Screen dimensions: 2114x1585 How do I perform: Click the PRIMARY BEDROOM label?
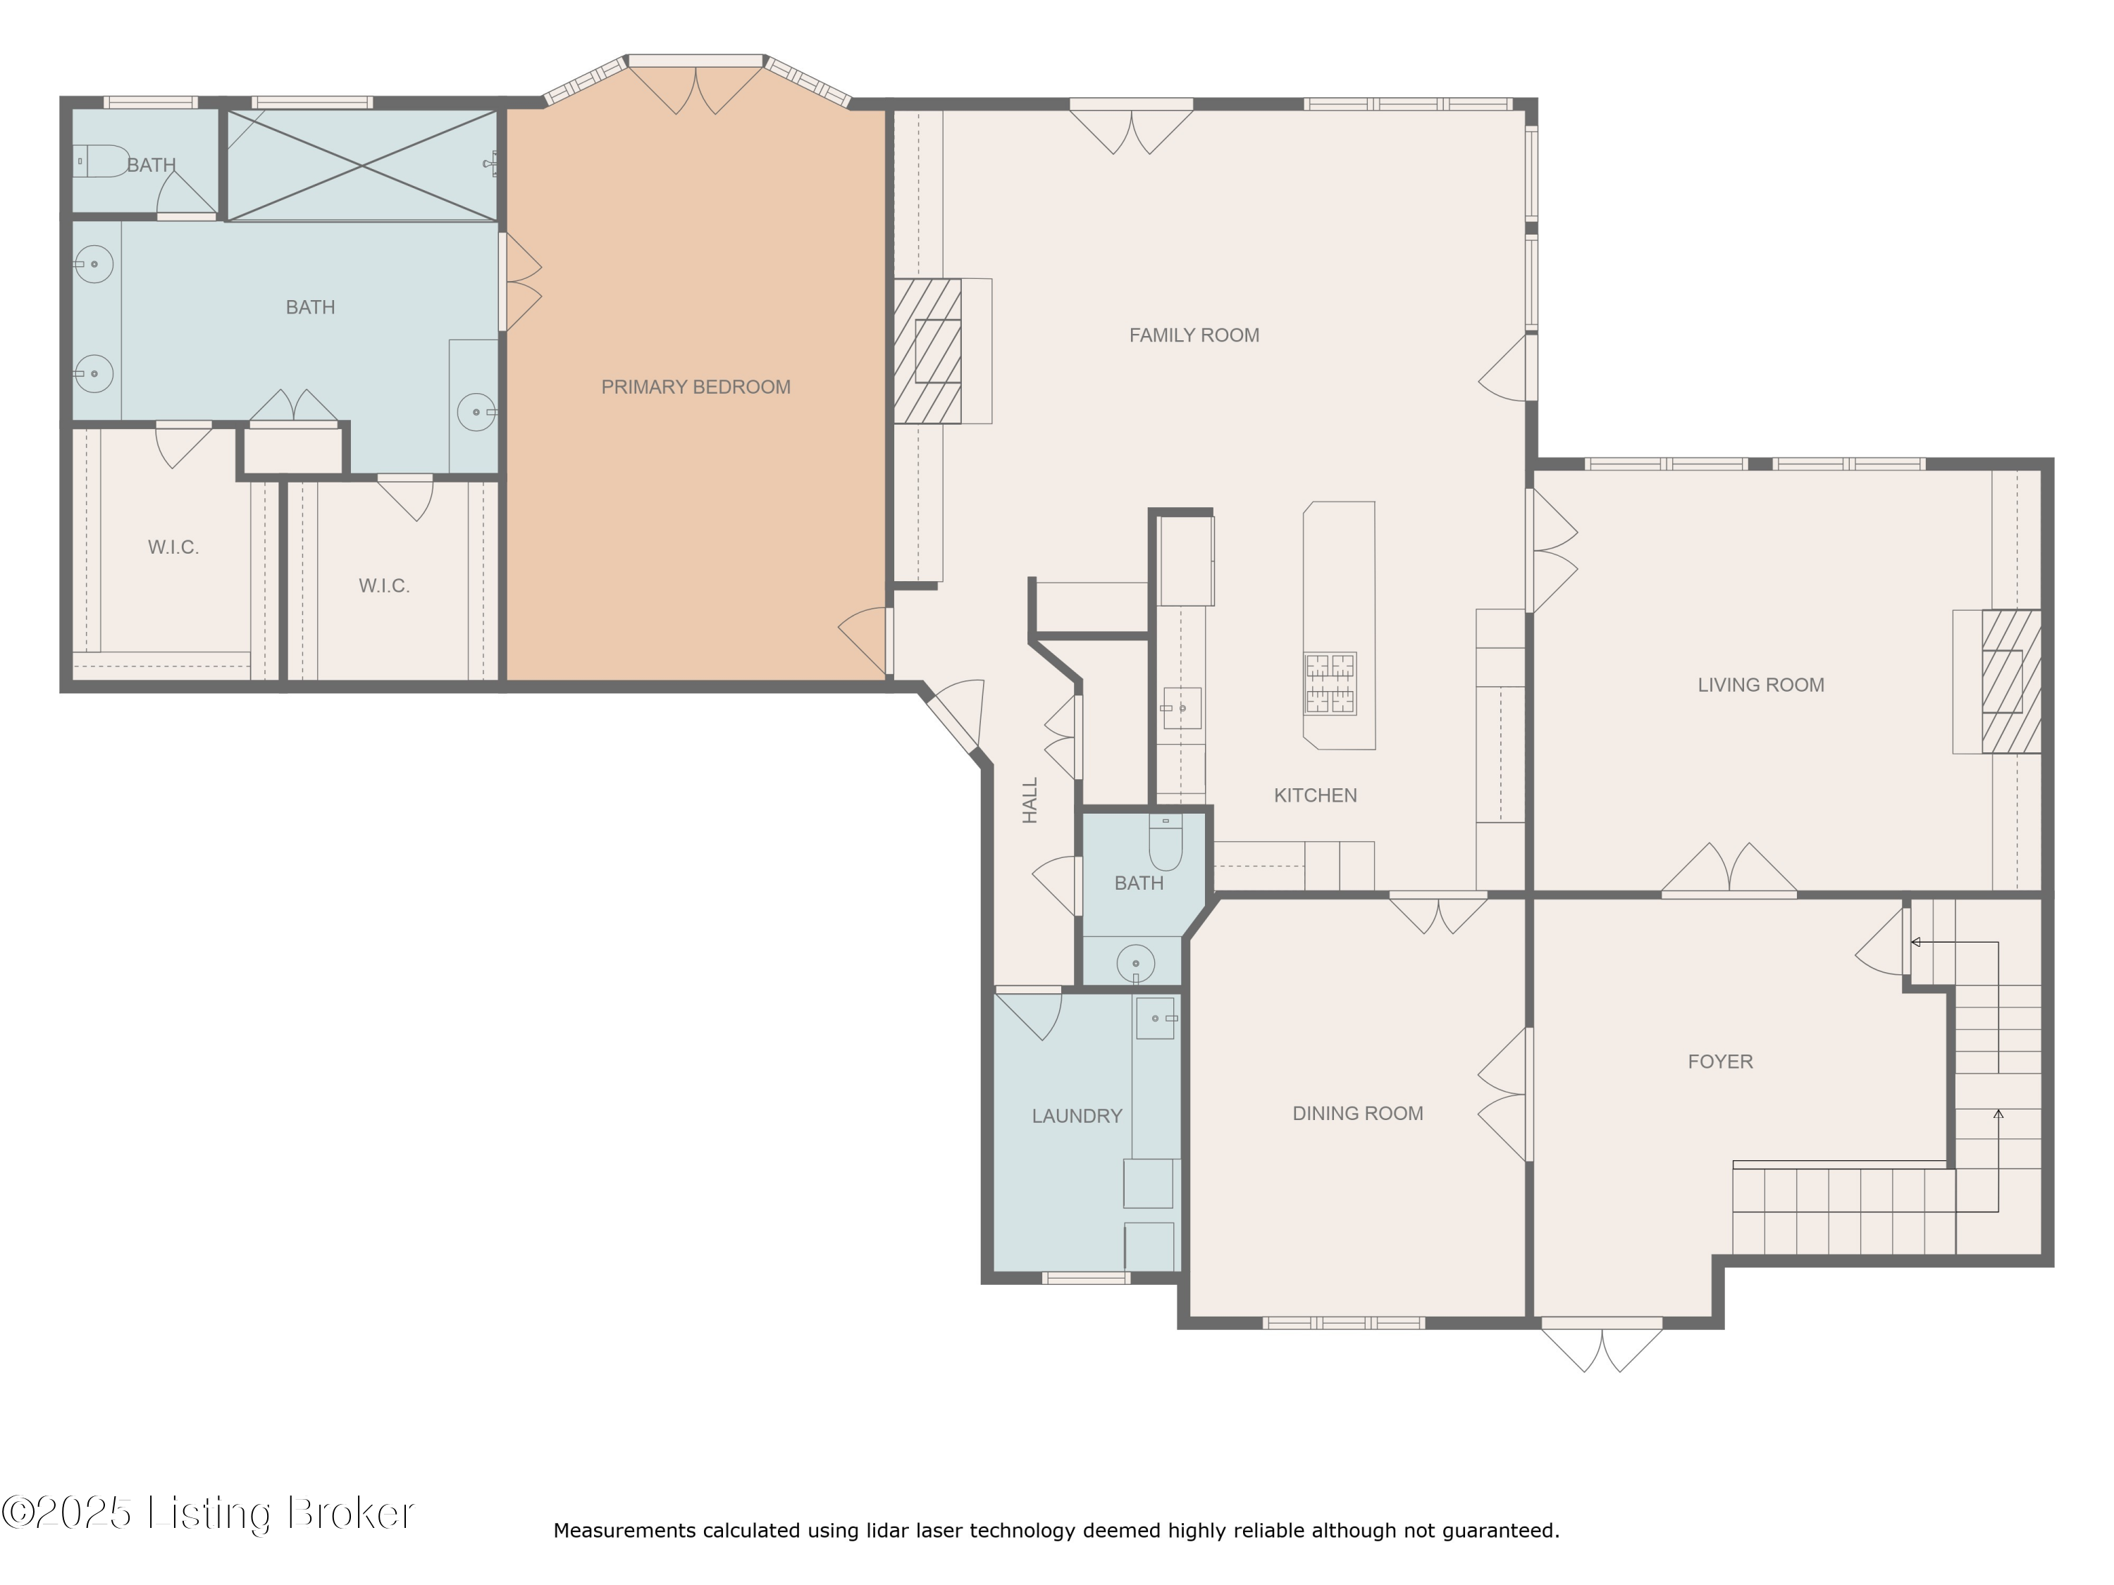click(x=696, y=387)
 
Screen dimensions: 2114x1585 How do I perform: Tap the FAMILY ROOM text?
click(x=1194, y=335)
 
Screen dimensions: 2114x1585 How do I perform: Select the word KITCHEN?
click(x=1315, y=795)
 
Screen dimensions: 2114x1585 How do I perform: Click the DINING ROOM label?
click(x=1358, y=1113)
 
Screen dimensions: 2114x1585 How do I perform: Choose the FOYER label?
click(x=1720, y=1062)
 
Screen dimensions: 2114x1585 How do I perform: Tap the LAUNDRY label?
click(x=1077, y=1116)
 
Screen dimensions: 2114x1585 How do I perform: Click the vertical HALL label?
click(x=1030, y=801)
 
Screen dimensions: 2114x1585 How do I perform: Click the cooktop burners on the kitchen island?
click(x=1330, y=684)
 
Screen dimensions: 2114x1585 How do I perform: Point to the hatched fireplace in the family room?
click(x=927, y=351)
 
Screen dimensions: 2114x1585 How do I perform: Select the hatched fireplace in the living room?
click(x=2011, y=681)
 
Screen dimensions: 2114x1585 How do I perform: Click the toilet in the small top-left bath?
click(x=101, y=161)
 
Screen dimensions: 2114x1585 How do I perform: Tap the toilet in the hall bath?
click(x=1165, y=843)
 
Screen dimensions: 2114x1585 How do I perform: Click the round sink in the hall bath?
click(x=1135, y=960)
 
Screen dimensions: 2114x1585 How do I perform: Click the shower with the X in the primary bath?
click(x=362, y=166)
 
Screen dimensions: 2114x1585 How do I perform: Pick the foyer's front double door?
click(x=1602, y=1345)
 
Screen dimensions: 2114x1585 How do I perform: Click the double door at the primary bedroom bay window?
click(x=696, y=86)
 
